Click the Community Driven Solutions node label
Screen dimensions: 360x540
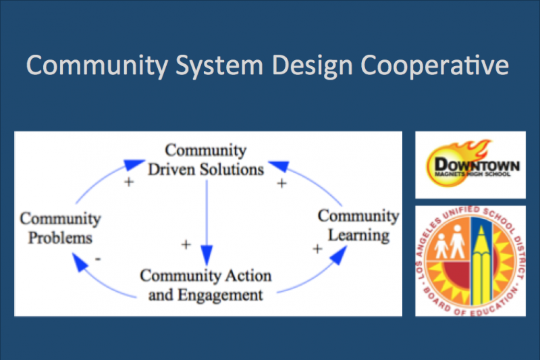point(206,159)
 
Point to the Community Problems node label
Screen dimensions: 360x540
point(59,228)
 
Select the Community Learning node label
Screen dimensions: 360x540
point(358,226)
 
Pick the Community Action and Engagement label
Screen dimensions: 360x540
point(206,285)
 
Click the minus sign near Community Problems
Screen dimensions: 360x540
point(99,258)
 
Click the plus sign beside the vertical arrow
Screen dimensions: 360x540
point(186,244)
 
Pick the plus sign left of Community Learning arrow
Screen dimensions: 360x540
point(317,249)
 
